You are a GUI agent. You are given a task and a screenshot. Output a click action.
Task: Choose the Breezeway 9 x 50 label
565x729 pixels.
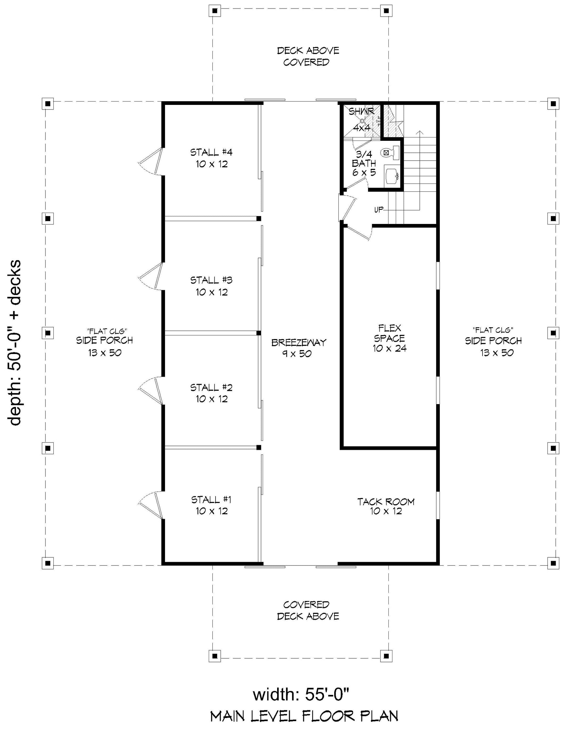point(299,348)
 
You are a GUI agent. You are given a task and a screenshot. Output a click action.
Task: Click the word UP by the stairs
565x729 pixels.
point(379,210)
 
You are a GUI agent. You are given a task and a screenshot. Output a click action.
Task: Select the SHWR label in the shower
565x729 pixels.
point(362,111)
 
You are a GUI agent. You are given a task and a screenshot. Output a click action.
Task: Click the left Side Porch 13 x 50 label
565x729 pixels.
point(105,342)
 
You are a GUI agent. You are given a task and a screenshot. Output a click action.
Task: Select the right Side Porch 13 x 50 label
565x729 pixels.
point(494,342)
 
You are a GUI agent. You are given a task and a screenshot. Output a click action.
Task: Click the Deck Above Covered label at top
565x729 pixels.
point(308,56)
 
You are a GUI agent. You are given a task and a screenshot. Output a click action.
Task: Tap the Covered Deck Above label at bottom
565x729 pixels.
point(308,610)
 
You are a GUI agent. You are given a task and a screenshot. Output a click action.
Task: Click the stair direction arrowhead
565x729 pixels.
point(420,133)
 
